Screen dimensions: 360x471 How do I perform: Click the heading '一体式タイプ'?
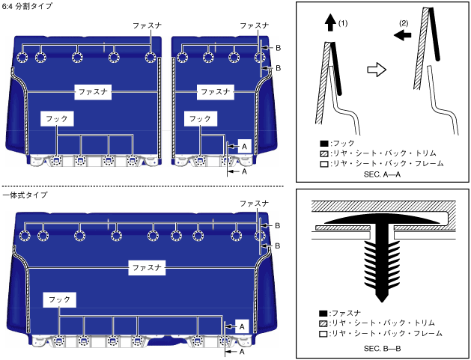pyautogui.click(x=25, y=195)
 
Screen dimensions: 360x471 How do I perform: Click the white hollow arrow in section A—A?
pyautogui.click(x=377, y=70)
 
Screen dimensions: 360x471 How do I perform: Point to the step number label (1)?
pyautogui.click(x=344, y=23)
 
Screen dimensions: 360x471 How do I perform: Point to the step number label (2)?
pyautogui.click(x=404, y=24)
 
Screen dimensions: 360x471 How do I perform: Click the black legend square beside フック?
pyautogui.click(x=323, y=142)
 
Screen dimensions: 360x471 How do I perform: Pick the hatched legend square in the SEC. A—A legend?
pyautogui.click(x=323, y=153)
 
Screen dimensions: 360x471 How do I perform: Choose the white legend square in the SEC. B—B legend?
pyautogui.click(x=323, y=333)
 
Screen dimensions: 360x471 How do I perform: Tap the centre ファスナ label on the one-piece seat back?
pyautogui.click(x=147, y=266)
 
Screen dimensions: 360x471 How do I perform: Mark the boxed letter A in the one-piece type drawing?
pyautogui.click(x=241, y=326)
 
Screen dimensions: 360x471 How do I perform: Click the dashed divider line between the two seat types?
pyautogui.click(x=142, y=186)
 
